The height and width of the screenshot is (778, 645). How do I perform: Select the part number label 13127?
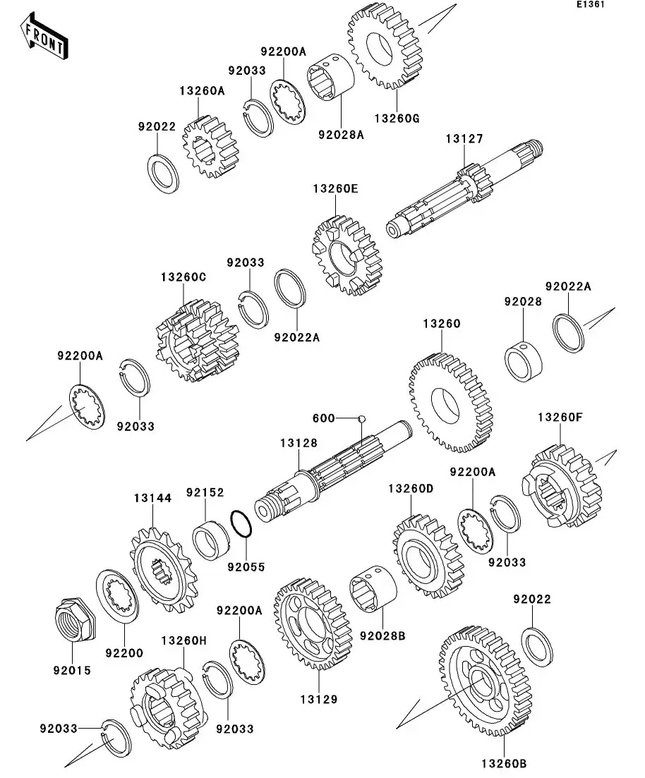click(x=464, y=139)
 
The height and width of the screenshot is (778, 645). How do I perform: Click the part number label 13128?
click(x=299, y=443)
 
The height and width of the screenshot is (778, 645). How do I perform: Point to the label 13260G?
click(x=397, y=118)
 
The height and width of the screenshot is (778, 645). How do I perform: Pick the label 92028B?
click(x=382, y=636)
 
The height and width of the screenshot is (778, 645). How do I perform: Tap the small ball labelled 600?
click(x=361, y=418)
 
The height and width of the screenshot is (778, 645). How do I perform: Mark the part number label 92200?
click(x=124, y=653)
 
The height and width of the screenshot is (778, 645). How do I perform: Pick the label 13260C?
click(x=183, y=277)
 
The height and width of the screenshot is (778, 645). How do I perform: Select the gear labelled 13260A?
click(x=210, y=147)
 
